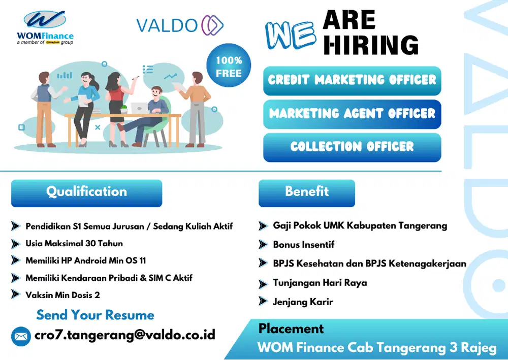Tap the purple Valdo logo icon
coord(212,25)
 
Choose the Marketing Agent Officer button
coord(352,114)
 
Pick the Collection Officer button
coord(352,147)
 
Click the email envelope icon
coord(21,336)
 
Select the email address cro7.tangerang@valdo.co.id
coord(125,335)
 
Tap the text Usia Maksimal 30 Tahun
coord(74,243)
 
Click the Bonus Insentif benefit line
coord(304,244)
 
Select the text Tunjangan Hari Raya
coord(320,283)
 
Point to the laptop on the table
coord(138,108)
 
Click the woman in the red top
coord(115,102)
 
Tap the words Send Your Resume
coord(95,315)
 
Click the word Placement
coord(291,329)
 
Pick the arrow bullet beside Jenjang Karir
coord(263,301)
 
